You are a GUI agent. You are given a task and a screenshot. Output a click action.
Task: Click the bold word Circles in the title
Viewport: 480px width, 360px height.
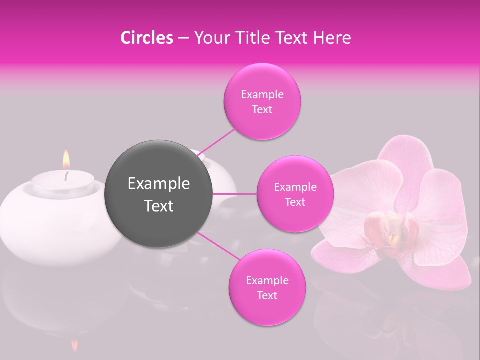(x=147, y=38)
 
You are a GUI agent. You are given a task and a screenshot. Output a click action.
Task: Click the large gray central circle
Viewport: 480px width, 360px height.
(x=158, y=194)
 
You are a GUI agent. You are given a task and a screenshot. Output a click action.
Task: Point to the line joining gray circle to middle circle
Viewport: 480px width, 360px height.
(x=235, y=193)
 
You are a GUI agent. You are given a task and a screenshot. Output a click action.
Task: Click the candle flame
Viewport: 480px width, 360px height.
(x=66, y=160)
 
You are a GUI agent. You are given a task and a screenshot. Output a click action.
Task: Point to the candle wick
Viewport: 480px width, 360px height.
(x=66, y=175)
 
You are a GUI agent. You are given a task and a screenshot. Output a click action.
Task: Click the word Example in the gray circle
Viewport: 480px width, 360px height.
(x=158, y=184)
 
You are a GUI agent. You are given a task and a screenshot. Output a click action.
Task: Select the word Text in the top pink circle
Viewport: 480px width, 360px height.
(x=262, y=110)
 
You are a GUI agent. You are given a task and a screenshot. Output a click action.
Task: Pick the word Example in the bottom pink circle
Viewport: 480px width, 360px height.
(x=267, y=281)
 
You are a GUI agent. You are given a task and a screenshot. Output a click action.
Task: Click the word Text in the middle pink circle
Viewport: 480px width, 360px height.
(x=295, y=202)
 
